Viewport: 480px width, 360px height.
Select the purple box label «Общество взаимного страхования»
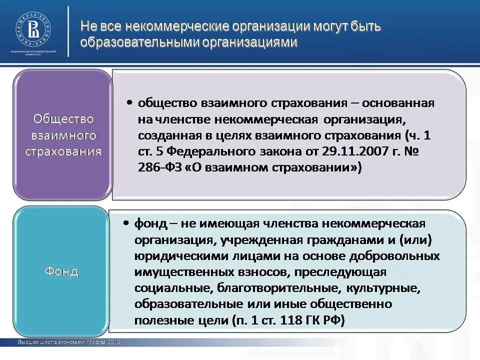[63, 135]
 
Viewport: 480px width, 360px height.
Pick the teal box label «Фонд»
[61, 271]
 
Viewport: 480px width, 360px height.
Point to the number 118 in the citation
[293, 320]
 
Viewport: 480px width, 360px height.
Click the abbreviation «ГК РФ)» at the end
[325, 320]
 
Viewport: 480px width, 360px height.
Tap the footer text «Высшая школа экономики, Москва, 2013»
[68, 342]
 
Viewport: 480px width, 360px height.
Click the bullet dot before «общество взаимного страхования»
[129, 102]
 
